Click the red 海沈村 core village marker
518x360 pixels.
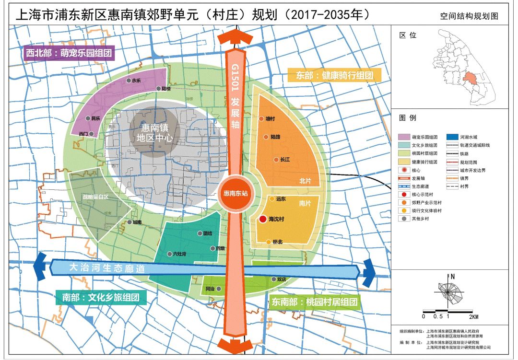pyautogui.click(x=263, y=220)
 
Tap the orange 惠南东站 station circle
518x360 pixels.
pyautogui.click(x=235, y=194)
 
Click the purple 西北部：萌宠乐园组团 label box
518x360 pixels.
pyautogui.click(x=70, y=53)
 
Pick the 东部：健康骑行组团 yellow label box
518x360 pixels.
pyautogui.click(x=334, y=75)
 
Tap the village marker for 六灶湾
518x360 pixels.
pyautogui.click(x=169, y=254)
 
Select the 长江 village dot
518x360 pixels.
pyautogui.click(x=276, y=160)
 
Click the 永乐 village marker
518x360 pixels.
pyautogui.click(x=129, y=81)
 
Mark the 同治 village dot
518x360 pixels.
pyautogui.click(x=219, y=289)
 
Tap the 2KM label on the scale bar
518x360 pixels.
pyautogui.click(x=474, y=317)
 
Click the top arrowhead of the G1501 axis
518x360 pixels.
pyautogui.click(x=235, y=36)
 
